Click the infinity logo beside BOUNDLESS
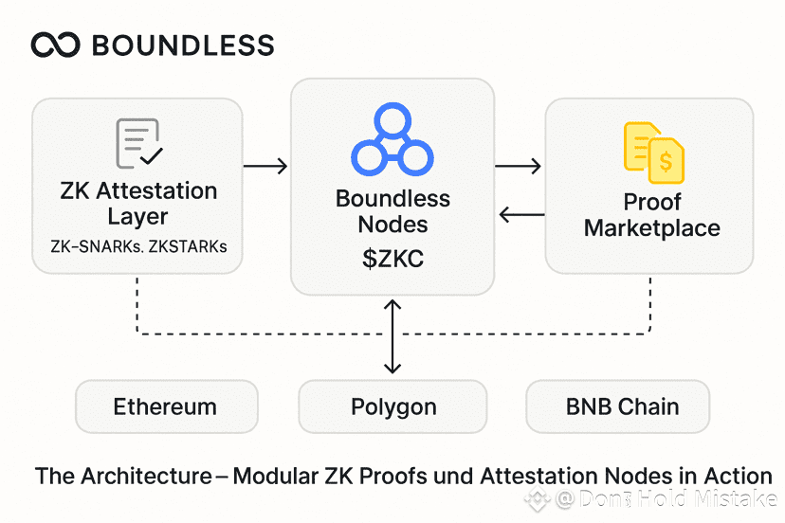pos(55,45)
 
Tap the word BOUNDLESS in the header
pos(183,45)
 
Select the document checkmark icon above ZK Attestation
pos(138,144)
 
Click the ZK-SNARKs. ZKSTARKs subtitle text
pos(137,246)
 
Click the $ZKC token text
pos(392,259)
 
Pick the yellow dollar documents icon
pos(653,153)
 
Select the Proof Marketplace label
pos(652,215)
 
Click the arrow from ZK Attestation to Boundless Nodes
pos(265,167)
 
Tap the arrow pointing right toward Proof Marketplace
pos(519,167)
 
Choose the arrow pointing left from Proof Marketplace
pos(521,215)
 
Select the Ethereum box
pos(165,407)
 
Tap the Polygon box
pos(393,407)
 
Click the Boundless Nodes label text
pos(392,212)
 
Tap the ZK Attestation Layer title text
pos(137,203)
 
